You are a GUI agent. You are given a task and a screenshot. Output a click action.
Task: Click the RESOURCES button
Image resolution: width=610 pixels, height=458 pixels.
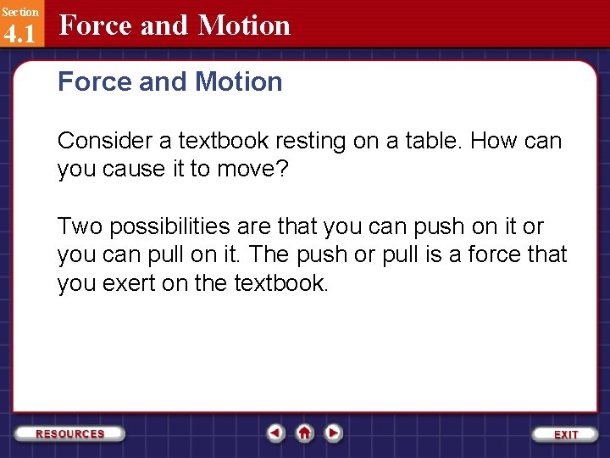(x=70, y=433)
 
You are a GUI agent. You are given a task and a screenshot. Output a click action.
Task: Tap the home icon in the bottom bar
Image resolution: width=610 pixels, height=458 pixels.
(x=304, y=433)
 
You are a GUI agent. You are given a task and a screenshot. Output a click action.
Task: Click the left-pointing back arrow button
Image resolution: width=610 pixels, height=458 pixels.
(x=274, y=433)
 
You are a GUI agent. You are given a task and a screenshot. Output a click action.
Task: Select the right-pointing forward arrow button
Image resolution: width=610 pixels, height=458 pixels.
(x=334, y=433)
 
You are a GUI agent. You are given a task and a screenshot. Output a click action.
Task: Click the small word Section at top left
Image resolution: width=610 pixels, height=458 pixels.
(x=19, y=12)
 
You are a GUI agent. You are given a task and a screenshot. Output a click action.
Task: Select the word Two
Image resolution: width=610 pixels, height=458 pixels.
(x=79, y=226)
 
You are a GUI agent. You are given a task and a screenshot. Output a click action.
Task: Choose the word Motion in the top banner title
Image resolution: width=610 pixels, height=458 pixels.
(x=244, y=25)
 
